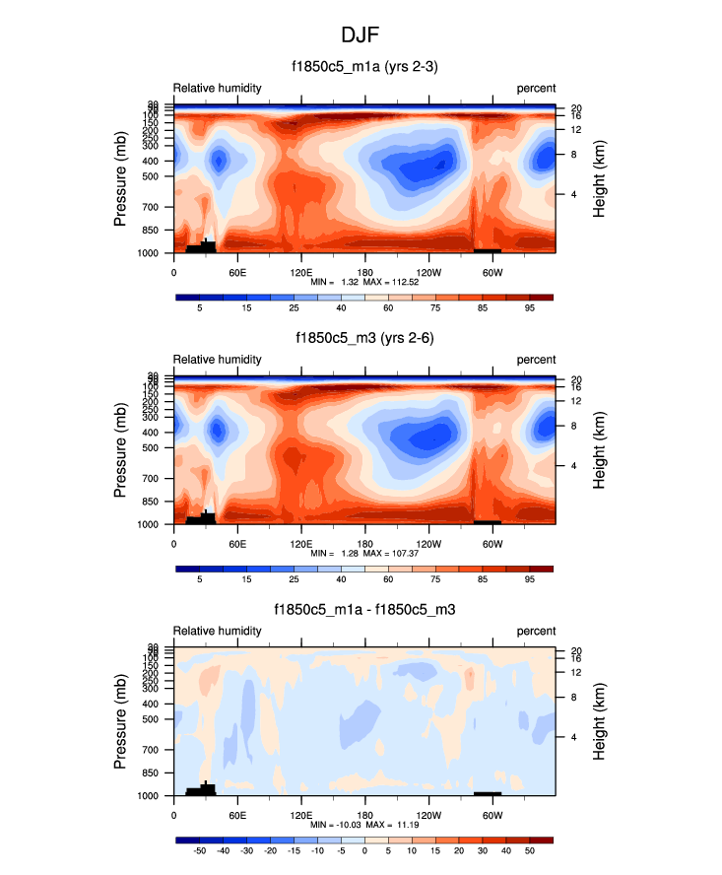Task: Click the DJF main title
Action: (x=361, y=34)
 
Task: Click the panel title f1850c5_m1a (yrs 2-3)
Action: (x=364, y=67)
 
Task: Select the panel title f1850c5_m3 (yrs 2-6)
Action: (x=364, y=338)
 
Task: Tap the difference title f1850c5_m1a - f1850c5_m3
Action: (x=364, y=610)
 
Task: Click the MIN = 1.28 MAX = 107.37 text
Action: (x=364, y=554)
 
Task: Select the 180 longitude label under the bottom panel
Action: (x=364, y=815)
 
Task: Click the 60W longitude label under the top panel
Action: (x=492, y=272)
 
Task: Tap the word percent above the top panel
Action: (x=536, y=88)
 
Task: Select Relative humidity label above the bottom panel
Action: (x=218, y=631)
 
